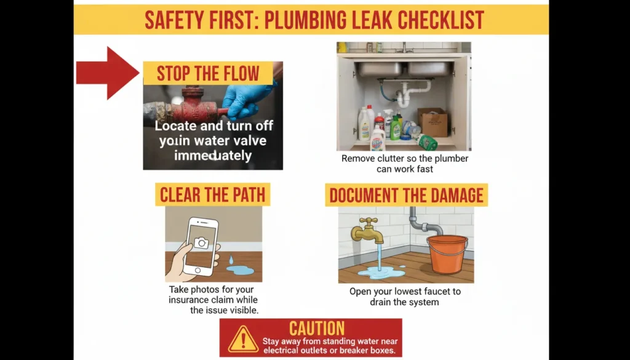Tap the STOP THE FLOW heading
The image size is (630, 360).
coord(208,73)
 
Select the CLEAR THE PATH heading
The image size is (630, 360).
coord(213,194)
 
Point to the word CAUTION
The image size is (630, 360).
coord(317,328)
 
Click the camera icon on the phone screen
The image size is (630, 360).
coord(201,242)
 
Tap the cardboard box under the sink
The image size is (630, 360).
coord(432,122)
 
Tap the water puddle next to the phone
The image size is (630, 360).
coord(239,268)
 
